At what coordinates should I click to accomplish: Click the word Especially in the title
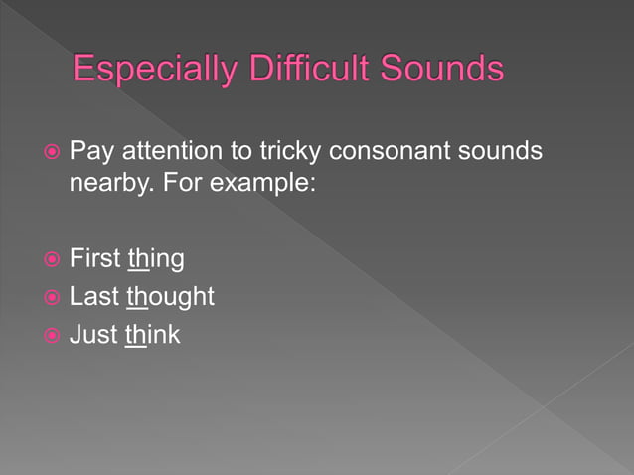(150, 71)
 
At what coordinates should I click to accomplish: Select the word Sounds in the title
(439, 71)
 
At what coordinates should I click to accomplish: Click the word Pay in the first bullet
(89, 152)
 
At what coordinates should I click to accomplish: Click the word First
(95, 259)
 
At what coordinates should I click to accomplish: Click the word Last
(94, 297)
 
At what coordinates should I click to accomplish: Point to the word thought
(171, 297)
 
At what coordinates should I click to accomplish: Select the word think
(153, 334)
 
